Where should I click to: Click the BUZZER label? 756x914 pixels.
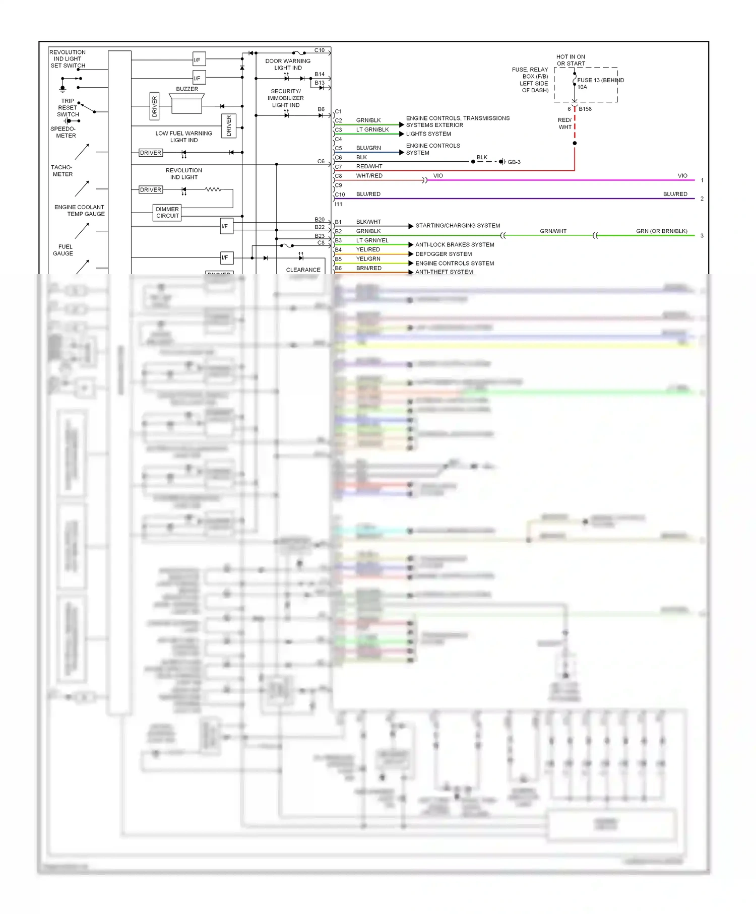(187, 89)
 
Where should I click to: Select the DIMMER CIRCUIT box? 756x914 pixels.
(167, 213)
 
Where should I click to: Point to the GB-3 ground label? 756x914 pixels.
(514, 162)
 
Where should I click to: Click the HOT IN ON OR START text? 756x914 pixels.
(571, 60)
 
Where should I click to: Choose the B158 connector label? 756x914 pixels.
(585, 109)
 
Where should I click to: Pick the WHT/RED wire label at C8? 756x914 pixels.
(369, 176)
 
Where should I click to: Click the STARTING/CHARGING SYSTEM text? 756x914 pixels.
(458, 226)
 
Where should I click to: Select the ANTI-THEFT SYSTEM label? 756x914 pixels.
(444, 272)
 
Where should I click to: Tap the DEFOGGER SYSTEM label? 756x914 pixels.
(444, 254)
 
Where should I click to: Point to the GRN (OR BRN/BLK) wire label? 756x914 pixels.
(661, 231)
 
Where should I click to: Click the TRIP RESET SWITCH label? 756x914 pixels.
(68, 108)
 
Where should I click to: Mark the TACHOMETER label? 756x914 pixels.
(62, 171)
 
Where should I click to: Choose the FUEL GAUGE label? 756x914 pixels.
(63, 250)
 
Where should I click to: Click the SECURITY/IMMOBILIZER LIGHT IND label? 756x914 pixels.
(286, 98)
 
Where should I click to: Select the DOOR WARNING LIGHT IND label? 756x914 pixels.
(288, 64)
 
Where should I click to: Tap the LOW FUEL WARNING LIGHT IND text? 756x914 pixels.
(183, 137)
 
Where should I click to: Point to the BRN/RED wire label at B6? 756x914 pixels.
(368, 268)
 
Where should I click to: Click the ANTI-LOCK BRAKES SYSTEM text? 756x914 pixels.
(455, 245)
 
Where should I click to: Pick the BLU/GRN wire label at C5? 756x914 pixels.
(368, 148)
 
